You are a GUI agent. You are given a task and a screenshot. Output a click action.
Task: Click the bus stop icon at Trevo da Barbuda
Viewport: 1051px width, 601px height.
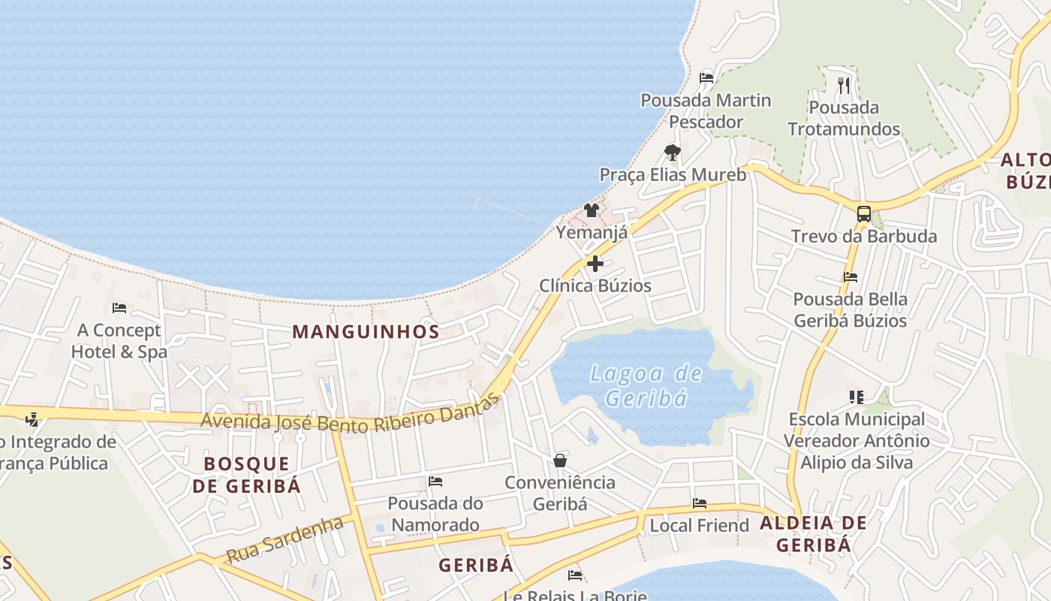tap(864, 214)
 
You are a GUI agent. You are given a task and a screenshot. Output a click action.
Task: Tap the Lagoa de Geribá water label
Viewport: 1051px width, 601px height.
tap(646, 385)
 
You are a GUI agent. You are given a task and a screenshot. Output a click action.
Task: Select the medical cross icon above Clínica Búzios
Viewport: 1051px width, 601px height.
tap(595, 264)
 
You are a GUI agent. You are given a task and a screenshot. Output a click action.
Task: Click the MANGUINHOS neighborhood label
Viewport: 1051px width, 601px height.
tap(366, 331)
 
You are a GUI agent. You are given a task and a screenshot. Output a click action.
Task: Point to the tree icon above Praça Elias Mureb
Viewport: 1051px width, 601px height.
tap(673, 153)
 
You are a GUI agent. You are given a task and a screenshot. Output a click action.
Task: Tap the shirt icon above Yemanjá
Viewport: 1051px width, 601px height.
tap(592, 210)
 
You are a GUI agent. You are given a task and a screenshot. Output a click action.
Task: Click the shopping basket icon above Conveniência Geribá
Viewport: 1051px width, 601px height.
tap(560, 460)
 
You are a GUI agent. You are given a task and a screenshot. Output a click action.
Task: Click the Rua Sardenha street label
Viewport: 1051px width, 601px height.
tap(285, 539)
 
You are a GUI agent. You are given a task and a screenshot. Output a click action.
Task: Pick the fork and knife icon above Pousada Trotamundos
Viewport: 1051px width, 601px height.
tap(844, 85)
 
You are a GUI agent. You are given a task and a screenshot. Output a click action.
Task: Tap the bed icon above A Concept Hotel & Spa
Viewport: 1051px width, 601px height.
tap(119, 307)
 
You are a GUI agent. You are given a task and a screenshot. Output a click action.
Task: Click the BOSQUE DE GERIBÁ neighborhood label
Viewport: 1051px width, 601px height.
tap(246, 474)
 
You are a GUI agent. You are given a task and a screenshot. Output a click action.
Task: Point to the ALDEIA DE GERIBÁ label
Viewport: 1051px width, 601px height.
tap(814, 533)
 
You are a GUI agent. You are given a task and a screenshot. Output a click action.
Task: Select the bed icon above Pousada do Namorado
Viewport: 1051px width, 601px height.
tap(435, 481)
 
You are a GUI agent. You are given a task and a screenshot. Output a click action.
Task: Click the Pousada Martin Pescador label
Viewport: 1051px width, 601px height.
tap(706, 110)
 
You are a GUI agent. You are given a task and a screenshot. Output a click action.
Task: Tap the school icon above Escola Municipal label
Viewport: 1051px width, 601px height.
tap(856, 396)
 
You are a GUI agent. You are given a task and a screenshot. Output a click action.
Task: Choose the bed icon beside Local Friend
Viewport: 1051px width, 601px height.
tap(699, 503)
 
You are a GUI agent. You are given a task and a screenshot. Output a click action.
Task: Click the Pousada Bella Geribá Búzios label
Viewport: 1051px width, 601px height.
tap(850, 310)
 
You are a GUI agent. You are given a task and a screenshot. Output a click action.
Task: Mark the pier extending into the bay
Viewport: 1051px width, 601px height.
tap(510, 211)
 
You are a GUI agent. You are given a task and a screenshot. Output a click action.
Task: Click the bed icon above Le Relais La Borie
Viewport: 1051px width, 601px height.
tap(575, 575)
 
